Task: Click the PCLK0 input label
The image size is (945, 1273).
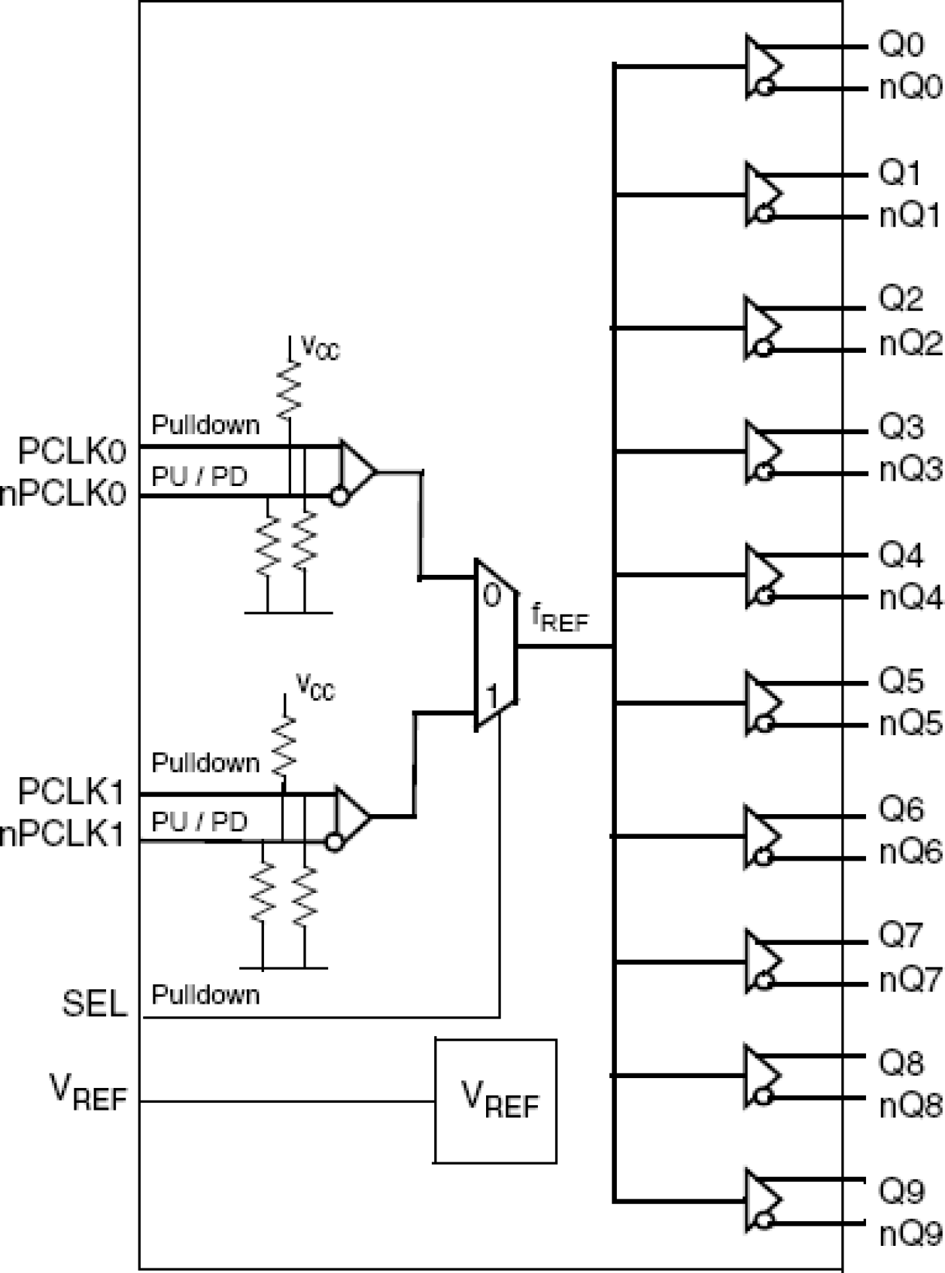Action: [x=72, y=451]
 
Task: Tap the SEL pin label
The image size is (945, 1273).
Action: [x=94, y=1004]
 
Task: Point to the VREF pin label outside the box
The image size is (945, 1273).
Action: [x=88, y=1092]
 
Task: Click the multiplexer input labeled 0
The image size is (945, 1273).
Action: [x=491, y=596]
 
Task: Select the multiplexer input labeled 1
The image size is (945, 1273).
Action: [x=491, y=697]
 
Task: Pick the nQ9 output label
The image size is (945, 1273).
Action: [x=911, y=1235]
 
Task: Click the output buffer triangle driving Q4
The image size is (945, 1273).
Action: [x=761, y=576]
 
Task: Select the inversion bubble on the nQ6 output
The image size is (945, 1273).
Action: [x=764, y=856]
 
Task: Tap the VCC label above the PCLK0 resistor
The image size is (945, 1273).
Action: [x=320, y=348]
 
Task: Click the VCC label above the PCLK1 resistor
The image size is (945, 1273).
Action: [x=315, y=688]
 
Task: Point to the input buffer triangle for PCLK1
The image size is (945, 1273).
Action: [x=351, y=816]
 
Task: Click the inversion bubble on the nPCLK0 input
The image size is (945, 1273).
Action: [x=339, y=497]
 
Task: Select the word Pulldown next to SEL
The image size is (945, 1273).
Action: [x=205, y=995]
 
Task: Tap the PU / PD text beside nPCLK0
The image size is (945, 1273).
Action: [x=199, y=476]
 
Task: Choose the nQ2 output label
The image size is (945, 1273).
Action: [x=911, y=344]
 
